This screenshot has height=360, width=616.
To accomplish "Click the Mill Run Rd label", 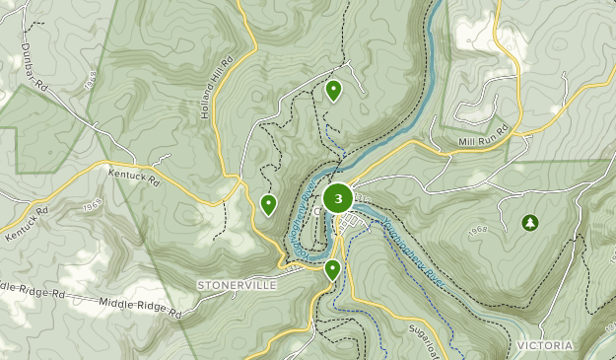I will click(x=481, y=141).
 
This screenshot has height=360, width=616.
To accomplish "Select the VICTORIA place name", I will click(x=544, y=345).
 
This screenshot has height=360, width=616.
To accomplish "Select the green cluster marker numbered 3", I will click(x=338, y=198).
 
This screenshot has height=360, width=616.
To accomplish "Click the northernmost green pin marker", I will click(x=333, y=91).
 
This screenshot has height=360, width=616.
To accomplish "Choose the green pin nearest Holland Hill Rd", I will click(x=268, y=204).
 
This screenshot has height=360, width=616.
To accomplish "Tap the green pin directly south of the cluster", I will click(x=333, y=268).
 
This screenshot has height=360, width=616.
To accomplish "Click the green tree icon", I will click(x=530, y=223).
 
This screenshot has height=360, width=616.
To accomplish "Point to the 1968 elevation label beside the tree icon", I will click(x=479, y=230).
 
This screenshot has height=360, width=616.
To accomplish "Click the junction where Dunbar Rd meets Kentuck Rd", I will click(x=101, y=162).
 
